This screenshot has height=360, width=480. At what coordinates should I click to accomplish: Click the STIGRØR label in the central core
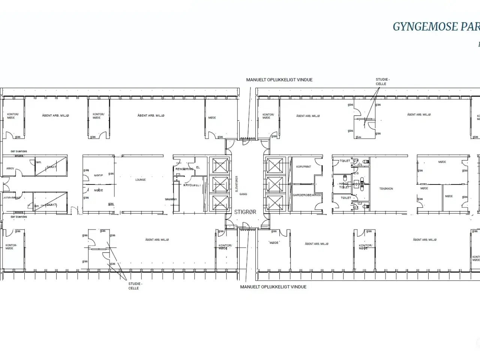point(245,212)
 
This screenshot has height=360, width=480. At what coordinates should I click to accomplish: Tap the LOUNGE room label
point(141,180)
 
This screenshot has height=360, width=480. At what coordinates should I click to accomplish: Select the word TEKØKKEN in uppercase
point(386,189)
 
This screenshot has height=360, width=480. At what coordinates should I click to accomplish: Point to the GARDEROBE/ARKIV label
point(307,195)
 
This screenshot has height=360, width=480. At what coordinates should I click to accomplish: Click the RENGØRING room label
point(184,169)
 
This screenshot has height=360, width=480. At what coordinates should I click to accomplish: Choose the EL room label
point(198,167)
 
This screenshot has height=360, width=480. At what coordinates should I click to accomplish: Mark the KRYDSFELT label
point(192,185)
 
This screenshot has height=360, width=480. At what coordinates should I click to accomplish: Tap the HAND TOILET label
point(344,185)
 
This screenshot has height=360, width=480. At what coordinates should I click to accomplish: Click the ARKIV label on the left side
point(10,168)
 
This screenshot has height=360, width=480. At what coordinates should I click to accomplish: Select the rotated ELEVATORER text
point(237,184)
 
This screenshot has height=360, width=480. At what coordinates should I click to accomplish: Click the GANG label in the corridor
point(243,194)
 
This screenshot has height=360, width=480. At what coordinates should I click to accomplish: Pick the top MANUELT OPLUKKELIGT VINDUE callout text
point(279,80)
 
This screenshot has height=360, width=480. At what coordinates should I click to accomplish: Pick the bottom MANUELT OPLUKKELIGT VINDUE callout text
point(273,287)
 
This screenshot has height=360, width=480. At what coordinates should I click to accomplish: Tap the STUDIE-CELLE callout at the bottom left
point(133,286)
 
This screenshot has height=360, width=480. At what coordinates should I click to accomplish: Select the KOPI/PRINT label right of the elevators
point(303,166)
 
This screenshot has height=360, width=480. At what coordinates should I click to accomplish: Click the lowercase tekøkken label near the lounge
point(171,199)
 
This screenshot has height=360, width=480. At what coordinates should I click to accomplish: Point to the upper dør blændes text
point(19,151)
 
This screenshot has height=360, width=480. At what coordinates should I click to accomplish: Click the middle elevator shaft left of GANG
point(220,184)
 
